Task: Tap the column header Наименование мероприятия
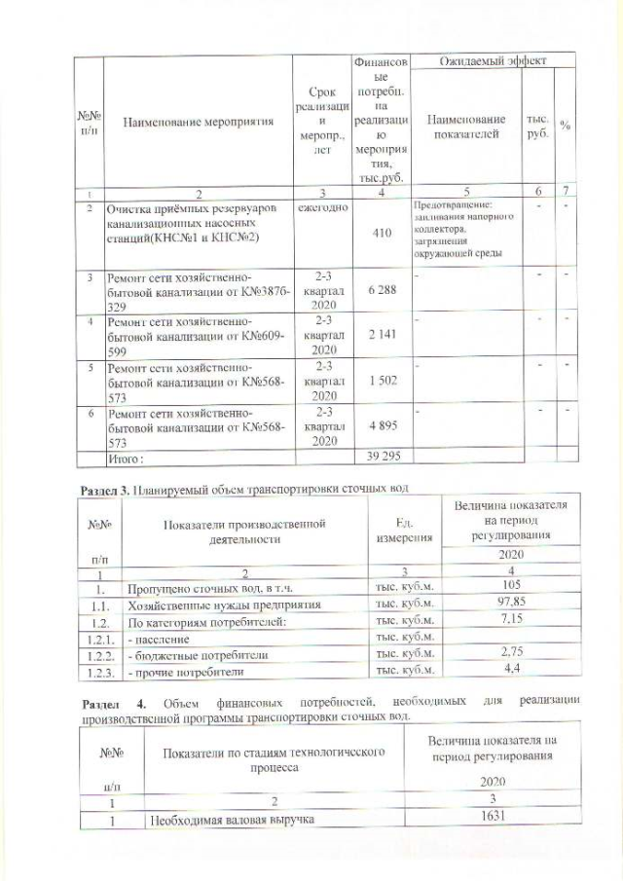click(199, 123)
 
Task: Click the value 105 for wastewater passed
click(512, 584)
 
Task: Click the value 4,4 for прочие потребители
click(512, 671)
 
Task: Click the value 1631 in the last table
click(504, 818)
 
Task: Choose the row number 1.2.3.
click(99, 672)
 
